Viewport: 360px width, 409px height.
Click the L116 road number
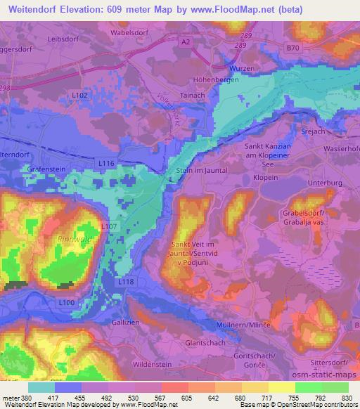click(106, 163)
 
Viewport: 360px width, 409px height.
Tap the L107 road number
click(108, 227)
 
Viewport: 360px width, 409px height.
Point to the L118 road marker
click(127, 281)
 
